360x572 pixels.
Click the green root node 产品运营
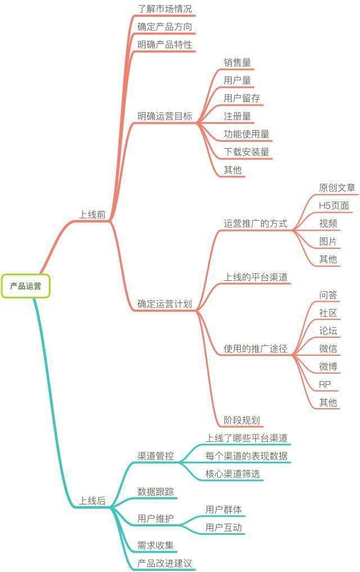pos(25,286)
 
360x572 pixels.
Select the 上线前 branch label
pos(92,214)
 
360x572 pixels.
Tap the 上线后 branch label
pos(92,501)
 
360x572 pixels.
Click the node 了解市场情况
pos(165,9)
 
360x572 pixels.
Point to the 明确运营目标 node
pos(165,116)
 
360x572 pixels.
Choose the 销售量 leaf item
pos(237,62)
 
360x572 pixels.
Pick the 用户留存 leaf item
pos(242,98)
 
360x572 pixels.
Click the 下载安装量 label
pos(246,152)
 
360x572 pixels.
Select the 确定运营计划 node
pos(165,304)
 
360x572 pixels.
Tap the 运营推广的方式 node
pos(255,224)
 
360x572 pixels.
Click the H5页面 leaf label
pos(334,205)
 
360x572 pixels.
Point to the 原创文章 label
pos(337,187)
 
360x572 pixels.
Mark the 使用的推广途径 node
pos(255,348)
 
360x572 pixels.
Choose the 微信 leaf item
pos(328,348)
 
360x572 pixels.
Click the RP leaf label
pos(325,385)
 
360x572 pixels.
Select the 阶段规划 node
pos(242,420)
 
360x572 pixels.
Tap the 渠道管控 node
pos(156,456)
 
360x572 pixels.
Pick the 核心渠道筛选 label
pos(232,474)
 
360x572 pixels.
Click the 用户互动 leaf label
pos(223,528)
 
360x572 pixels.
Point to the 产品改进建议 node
pos(165,563)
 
